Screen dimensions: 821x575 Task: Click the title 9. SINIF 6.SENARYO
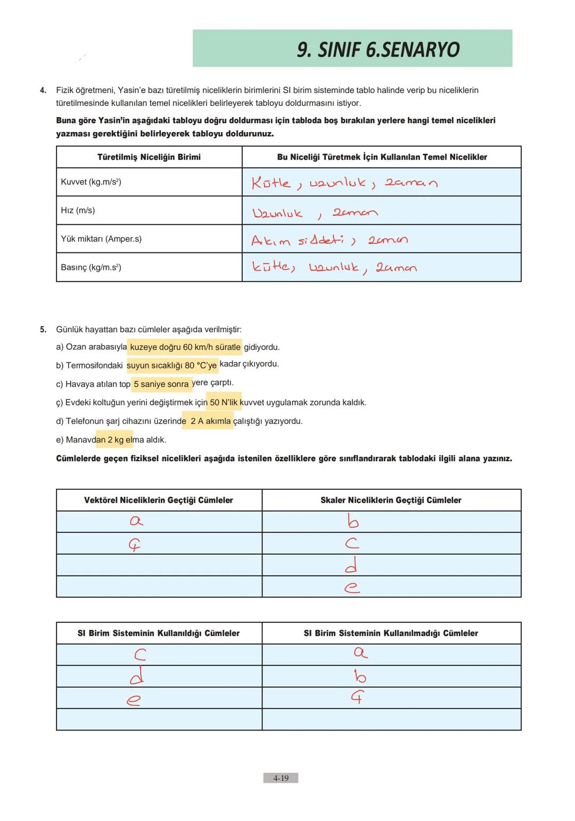[378, 50]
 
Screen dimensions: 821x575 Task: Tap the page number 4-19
[281, 778]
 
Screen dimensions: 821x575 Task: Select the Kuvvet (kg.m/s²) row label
[91, 182]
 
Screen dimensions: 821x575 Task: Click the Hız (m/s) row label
[78, 210]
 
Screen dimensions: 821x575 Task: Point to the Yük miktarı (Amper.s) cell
[101, 239]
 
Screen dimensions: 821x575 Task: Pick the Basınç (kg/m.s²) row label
[91, 267]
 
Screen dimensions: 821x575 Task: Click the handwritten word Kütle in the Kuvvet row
[271, 183]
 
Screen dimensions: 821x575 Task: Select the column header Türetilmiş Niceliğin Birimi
[149, 157]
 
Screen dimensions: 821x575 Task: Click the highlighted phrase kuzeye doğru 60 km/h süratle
[185, 347]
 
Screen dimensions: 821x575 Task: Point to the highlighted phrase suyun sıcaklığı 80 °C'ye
[171, 366]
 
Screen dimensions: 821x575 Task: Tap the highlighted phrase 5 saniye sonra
[161, 384]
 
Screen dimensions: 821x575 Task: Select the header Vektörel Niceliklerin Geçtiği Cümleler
[159, 500]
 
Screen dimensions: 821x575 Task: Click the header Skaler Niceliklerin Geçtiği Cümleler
[391, 500]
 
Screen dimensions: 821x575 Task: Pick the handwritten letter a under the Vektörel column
[136, 521]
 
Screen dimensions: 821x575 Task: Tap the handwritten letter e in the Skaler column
[351, 587]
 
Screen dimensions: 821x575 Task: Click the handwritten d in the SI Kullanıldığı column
[137, 676]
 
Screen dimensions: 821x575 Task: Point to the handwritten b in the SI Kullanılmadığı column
[360, 676]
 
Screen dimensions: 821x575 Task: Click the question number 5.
[43, 330]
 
